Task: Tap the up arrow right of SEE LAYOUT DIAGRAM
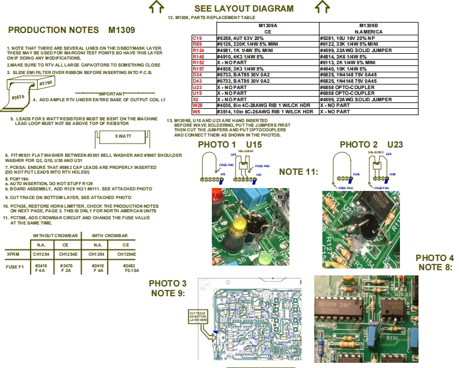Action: (322, 6)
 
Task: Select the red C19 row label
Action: (197, 38)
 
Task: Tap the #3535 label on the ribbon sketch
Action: (18, 98)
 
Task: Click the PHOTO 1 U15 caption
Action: (229, 144)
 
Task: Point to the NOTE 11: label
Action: (298, 172)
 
